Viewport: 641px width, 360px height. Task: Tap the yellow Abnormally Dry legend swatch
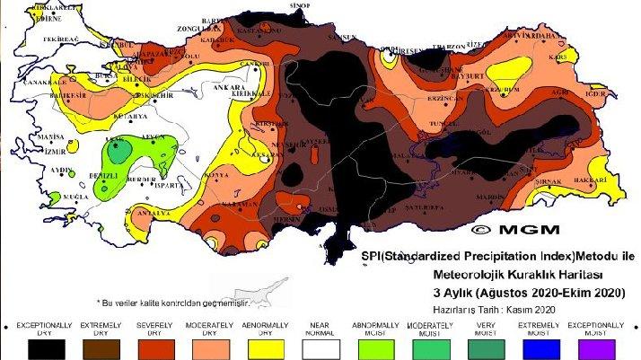(x=267, y=346)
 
